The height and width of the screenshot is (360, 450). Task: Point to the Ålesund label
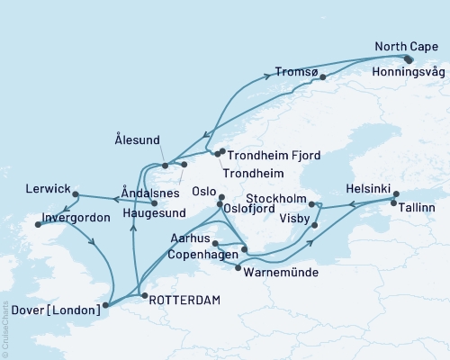click(x=146, y=141)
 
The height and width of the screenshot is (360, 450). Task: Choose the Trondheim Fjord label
click(x=273, y=155)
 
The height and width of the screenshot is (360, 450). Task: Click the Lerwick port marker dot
click(x=76, y=194)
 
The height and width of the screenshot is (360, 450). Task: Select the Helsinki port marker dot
click(x=396, y=193)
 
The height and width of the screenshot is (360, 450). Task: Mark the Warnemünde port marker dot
click(x=238, y=268)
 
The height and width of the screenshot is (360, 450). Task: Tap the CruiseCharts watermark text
click(x=4, y=329)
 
